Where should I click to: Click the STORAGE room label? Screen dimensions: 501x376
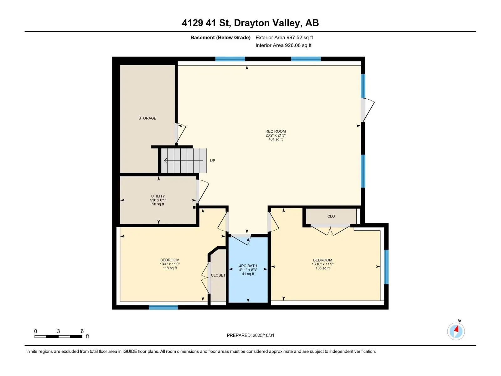pyautogui.click(x=147, y=118)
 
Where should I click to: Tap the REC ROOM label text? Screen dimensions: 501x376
pyautogui.click(x=275, y=131)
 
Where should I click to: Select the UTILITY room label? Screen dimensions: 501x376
pyautogui.click(x=158, y=196)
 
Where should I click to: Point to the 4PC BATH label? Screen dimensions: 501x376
pyautogui.click(x=248, y=266)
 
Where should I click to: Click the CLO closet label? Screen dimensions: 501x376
pyautogui.click(x=331, y=216)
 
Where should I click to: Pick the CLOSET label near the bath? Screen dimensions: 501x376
pyautogui.click(x=218, y=275)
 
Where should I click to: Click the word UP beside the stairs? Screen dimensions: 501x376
pyautogui.click(x=212, y=161)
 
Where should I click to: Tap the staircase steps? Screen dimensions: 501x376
pyautogui.click(x=184, y=161)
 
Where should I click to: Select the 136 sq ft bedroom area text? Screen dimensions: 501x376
pyautogui.click(x=322, y=268)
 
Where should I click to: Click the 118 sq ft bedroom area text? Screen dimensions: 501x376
pyautogui.click(x=170, y=268)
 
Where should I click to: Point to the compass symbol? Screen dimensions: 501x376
pyautogui.click(x=456, y=331)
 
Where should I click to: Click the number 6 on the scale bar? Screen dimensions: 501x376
pyautogui.click(x=82, y=331)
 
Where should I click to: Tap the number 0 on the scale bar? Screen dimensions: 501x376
pyautogui.click(x=36, y=331)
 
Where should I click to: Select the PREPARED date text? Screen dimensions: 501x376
pyautogui.click(x=250, y=335)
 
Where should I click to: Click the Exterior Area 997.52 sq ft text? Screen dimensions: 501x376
pyautogui.click(x=284, y=37)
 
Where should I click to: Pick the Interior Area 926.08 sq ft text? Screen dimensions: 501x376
pyautogui.click(x=283, y=45)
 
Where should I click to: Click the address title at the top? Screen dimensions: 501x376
pyautogui.click(x=250, y=23)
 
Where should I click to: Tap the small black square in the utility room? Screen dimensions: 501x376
pyautogui.click(x=194, y=207)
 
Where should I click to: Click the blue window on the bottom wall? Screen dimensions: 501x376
pyautogui.click(x=163, y=307)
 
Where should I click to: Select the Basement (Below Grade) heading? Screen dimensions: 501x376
pyautogui.click(x=220, y=37)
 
